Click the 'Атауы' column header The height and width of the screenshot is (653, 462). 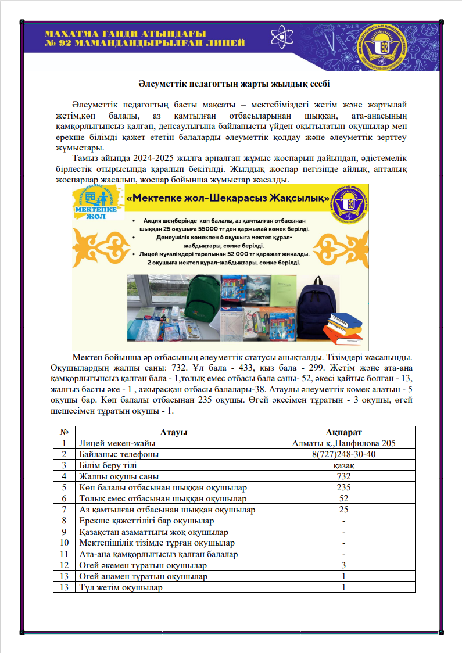pos(174,432)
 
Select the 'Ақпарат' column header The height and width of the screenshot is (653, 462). pos(344,432)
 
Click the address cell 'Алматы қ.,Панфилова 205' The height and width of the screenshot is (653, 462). pos(344,443)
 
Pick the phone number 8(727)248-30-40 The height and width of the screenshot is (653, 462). pos(344,454)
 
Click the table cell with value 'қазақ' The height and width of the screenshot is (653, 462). pos(344,465)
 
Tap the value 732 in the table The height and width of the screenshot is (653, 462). pos(344,476)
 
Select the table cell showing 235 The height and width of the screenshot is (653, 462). pos(344,487)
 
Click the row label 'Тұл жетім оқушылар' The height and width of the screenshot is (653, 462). pos(120,587)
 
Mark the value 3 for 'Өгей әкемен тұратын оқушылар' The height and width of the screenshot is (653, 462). pos(344,565)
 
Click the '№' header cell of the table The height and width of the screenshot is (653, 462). pos(64,432)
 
